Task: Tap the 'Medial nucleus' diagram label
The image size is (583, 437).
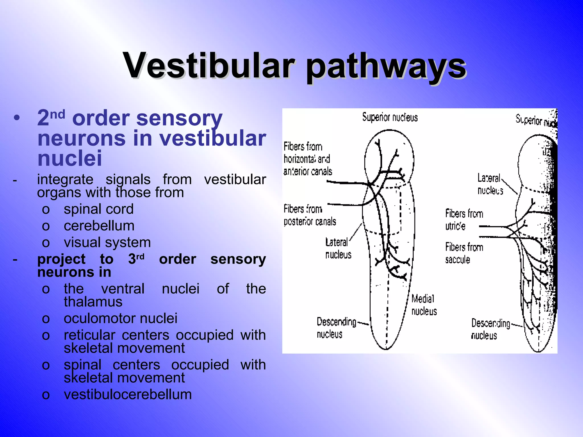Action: tap(424, 305)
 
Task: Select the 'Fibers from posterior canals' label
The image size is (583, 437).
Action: tap(310, 215)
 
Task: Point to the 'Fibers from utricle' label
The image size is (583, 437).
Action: tap(464, 220)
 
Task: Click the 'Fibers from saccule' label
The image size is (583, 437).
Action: tap(464, 253)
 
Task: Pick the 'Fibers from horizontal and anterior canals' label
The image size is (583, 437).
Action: tap(308, 159)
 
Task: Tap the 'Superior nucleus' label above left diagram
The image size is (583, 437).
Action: tap(390, 117)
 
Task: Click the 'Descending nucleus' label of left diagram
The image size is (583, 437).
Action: tap(336, 328)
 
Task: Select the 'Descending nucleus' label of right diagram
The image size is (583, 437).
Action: tap(490, 329)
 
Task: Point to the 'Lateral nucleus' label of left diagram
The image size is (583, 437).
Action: tap(338, 248)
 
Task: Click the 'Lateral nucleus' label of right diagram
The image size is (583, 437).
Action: tap(490, 184)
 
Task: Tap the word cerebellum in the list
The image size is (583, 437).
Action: tap(99, 226)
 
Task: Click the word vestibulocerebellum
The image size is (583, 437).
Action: tap(128, 395)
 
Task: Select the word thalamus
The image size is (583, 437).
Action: tap(93, 302)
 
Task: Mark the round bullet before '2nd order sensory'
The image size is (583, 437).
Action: tap(17, 118)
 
